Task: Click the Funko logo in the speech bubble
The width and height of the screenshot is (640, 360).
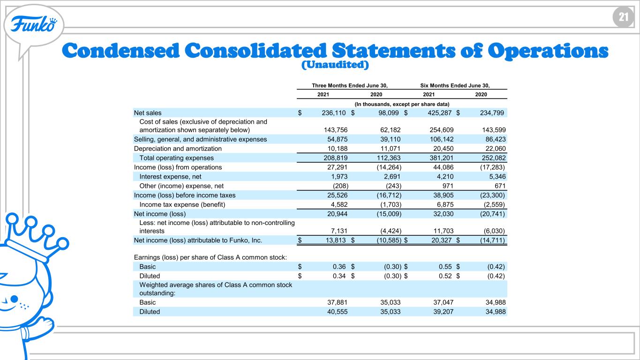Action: pos(34,24)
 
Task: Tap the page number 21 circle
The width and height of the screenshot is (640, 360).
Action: pos(623,17)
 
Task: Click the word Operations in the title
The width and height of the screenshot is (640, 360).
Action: pos(548,51)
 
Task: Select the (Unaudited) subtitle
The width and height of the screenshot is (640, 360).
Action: pos(335,65)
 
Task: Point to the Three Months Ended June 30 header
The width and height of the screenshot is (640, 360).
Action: pos(350,85)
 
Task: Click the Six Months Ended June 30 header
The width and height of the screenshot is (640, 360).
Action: pos(455,85)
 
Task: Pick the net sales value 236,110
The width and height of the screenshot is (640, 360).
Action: pos(333,113)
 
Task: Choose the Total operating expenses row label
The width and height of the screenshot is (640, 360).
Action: pos(176,158)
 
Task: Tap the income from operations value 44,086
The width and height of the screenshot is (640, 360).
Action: pos(443,167)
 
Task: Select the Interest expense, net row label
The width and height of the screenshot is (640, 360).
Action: pos(170,177)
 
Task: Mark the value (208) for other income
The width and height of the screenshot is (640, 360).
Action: pos(340,186)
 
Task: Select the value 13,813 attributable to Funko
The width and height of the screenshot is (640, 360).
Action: pos(336,240)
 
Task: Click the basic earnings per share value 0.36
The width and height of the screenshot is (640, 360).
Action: pos(339,267)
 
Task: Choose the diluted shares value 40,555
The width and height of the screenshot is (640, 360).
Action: pos(337,312)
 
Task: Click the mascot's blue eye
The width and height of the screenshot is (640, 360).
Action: pos(14,299)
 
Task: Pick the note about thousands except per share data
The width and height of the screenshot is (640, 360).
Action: pos(402,104)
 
